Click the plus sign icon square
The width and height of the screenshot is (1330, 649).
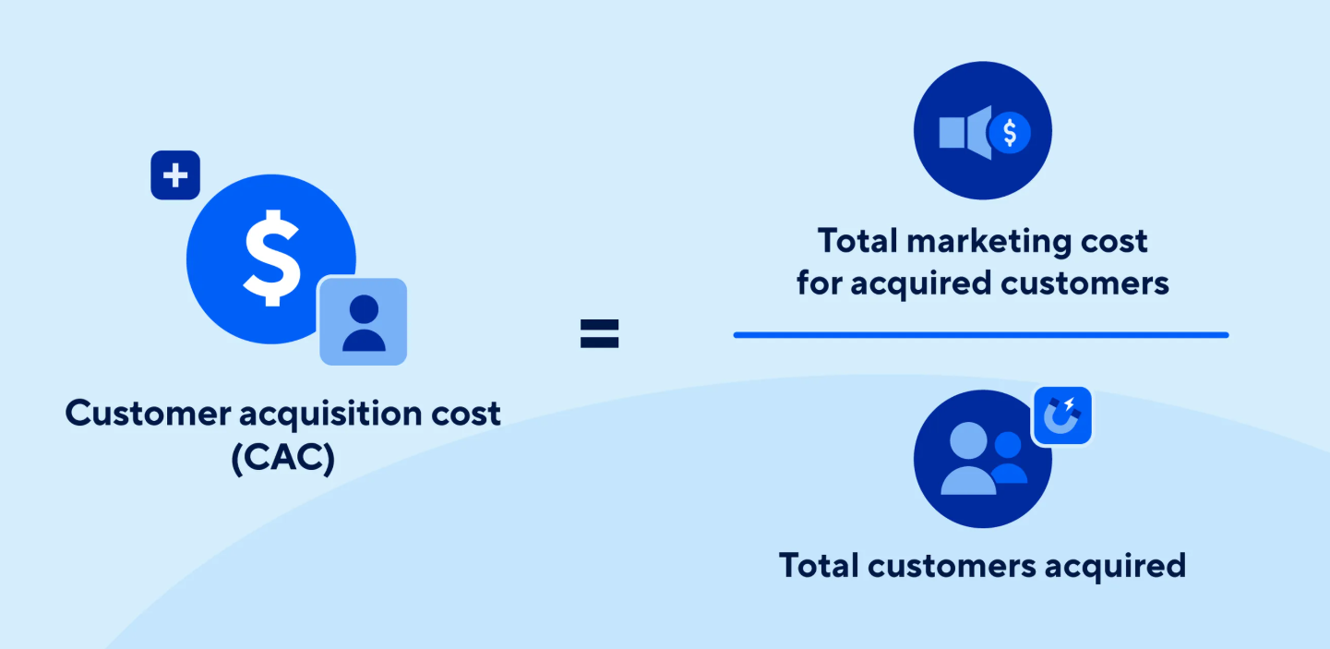(x=175, y=175)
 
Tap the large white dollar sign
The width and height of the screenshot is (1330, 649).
(x=271, y=258)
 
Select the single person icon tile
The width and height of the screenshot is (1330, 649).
(x=364, y=321)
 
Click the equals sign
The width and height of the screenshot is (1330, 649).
(x=599, y=333)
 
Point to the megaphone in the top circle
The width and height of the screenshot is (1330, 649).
(x=965, y=132)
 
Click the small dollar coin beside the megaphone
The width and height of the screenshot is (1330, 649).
(x=1010, y=132)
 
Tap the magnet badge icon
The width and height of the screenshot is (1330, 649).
(x=1062, y=415)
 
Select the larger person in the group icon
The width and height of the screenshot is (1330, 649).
(x=968, y=459)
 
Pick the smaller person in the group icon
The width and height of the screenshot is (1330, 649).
(x=1008, y=458)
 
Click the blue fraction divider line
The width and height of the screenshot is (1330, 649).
(x=981, y=335)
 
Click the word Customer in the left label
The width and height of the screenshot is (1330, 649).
(x=148, y=414)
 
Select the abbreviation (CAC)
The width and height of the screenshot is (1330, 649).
(x=283, y=458)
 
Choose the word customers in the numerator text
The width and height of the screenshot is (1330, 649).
(x=1084, y=283)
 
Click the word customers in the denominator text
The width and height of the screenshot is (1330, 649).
(x=952, y=566)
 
